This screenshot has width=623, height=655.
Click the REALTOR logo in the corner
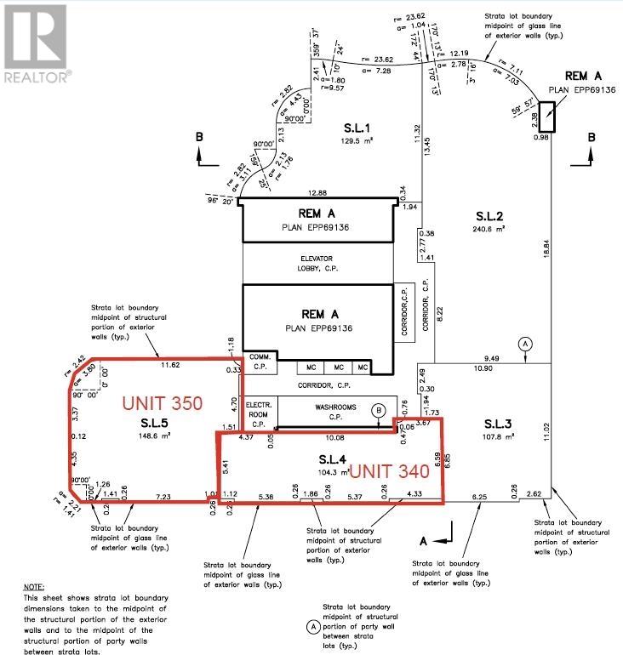(37, 42)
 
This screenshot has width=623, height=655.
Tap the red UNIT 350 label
(163, 402)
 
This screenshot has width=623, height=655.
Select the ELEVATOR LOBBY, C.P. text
(319, 264)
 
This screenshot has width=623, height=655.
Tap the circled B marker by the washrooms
(378, 409)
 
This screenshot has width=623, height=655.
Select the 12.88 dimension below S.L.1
(317, 193)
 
